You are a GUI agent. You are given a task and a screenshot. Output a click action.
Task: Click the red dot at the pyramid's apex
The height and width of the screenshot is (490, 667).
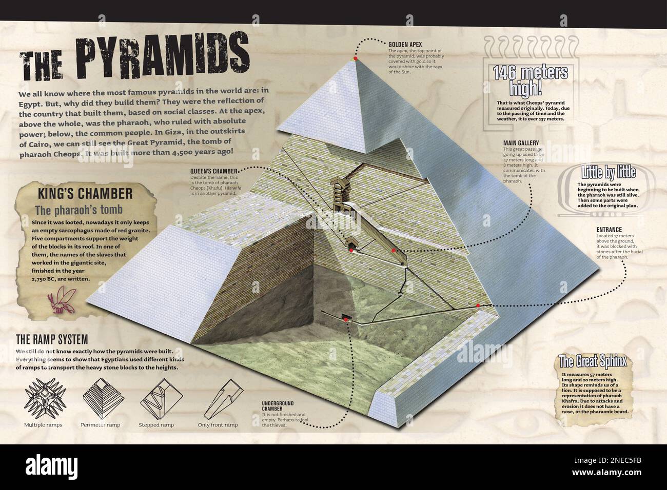[x=355, y=59]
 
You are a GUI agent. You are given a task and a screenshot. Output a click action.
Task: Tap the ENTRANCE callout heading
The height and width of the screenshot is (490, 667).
[x=610, y=229]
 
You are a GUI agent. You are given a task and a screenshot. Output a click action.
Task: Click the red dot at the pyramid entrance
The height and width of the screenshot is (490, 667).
[x=478, y=305]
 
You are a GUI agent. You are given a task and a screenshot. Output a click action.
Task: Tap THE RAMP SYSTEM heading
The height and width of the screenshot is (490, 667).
[x=52, y=339]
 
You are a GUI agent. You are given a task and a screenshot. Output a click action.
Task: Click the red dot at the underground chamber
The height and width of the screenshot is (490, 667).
[x=346, y=319]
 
